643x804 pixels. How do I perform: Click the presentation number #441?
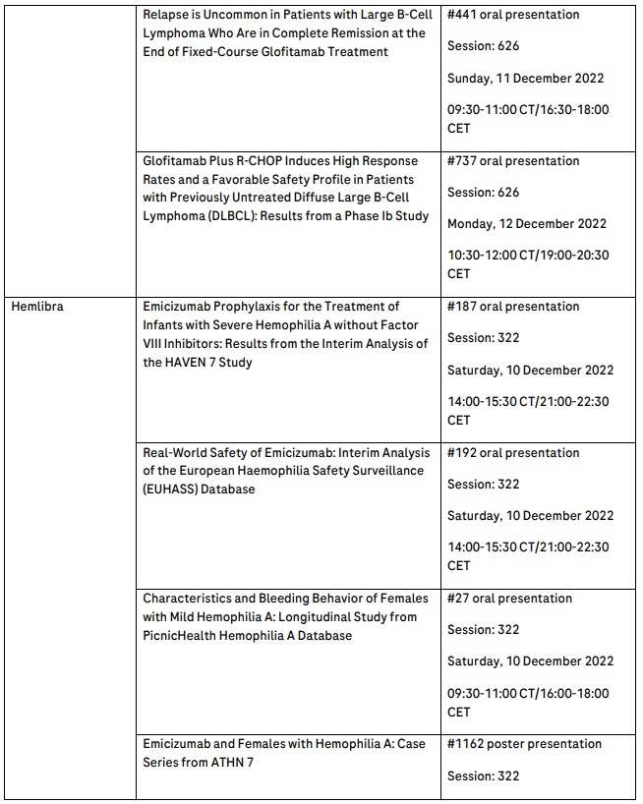[462, 15]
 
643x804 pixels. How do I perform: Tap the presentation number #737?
[462, 161]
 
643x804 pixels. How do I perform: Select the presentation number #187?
[462, 307]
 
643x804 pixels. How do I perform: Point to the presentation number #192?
[462, 453]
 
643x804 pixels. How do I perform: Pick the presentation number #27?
[458, 599]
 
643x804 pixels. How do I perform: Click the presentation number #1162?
[466, 744]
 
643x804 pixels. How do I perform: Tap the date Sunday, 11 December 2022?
[525, 79]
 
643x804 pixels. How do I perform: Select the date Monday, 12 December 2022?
[527, 224]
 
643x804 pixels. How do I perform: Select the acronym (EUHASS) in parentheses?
[175, 489]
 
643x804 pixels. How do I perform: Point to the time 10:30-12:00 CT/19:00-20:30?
[528, 256]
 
